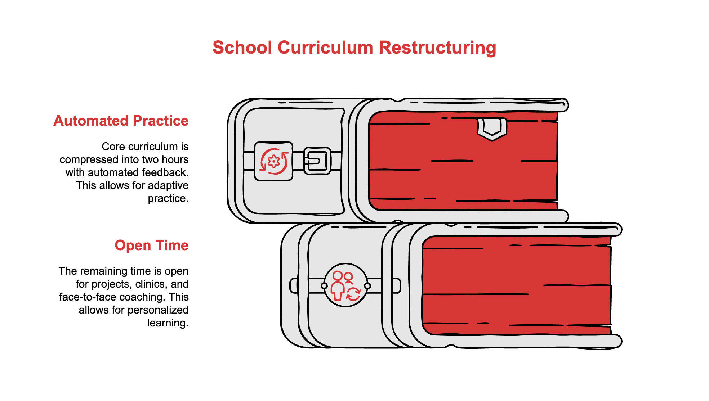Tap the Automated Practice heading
[121, 121]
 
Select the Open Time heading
[152, 245]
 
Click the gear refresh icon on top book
[274, 161]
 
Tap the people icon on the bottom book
[346, 285]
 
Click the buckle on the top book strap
[317, 161]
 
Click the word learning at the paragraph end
[168, 323]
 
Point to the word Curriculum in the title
[325, 48]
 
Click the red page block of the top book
[463, 161]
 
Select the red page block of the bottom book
[517, 285]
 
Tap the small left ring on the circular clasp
[324, 286]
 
